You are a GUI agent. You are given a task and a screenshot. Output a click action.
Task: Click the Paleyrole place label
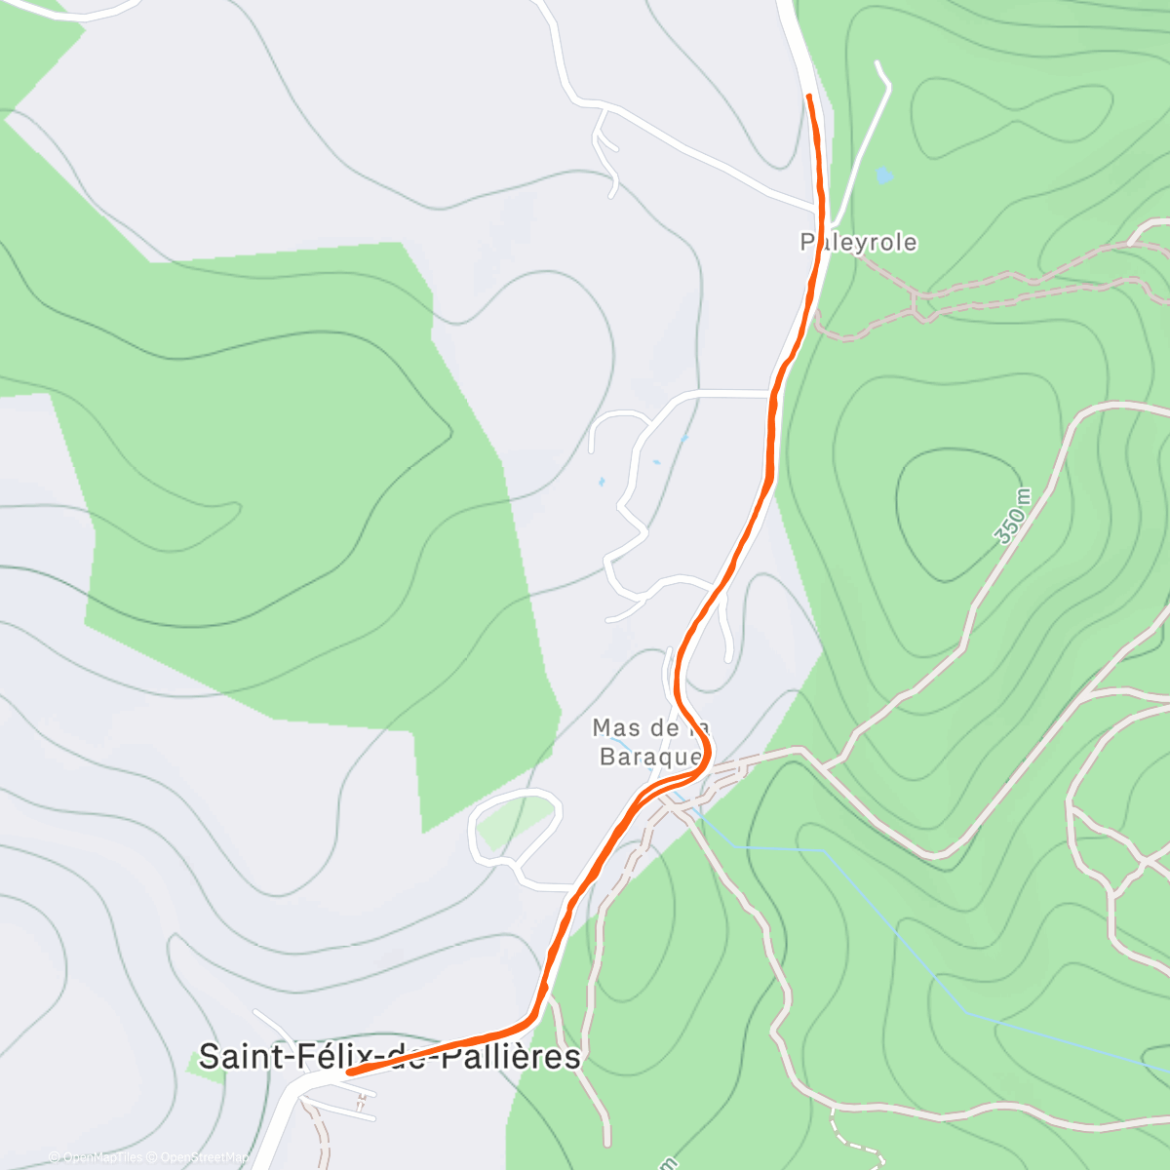point(858,242)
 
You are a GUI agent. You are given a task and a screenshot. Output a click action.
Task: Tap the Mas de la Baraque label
point(650,742)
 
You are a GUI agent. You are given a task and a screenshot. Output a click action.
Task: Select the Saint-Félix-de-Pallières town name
point(389,1057)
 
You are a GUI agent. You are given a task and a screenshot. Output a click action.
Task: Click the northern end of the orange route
point(809,97)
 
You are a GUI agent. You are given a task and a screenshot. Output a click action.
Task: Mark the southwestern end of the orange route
point(350,1072)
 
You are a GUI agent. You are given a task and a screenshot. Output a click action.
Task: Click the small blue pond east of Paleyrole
point(883,175)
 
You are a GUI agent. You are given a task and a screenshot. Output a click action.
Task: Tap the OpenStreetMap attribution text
point(202,1157)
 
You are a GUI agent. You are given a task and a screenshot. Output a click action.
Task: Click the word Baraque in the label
point(650,756)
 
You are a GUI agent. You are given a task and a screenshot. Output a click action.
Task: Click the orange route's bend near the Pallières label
point(531,1018)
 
